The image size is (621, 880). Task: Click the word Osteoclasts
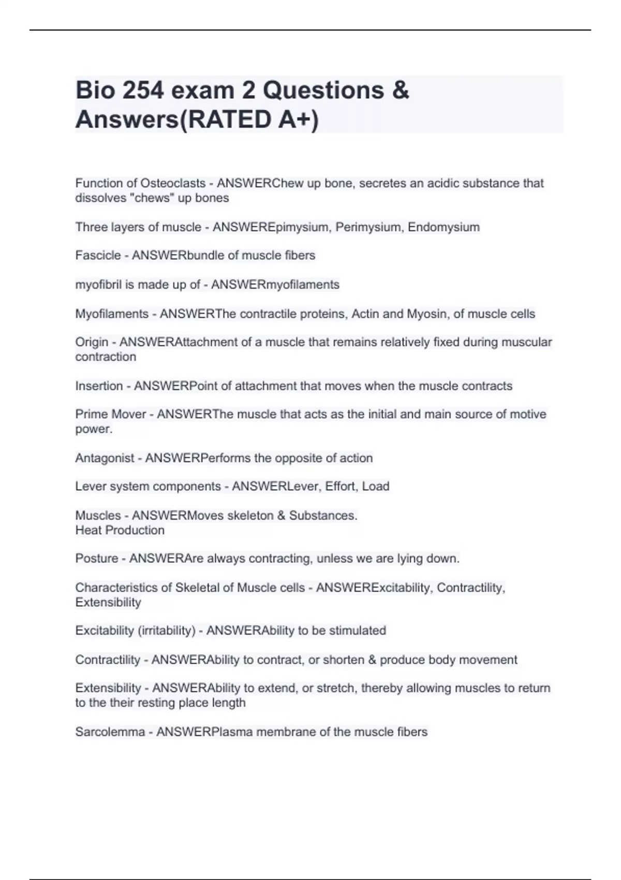173,183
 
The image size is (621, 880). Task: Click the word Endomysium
443,227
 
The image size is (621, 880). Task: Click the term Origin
92,342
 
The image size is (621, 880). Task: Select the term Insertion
99,386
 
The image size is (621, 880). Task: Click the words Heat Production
120,530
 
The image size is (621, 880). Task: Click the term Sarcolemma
110,732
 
